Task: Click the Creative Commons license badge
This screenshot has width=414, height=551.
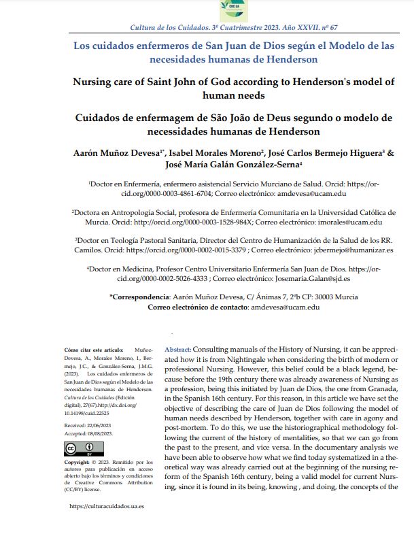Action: (x=80, y=449)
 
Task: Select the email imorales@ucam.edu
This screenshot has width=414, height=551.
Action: (x=348, y=222)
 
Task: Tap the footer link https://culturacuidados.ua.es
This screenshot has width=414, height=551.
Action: (x=107, y=506)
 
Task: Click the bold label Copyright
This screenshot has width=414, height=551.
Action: (x=80, y=462)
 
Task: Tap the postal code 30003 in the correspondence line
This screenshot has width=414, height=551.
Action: (x=316, y=297)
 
